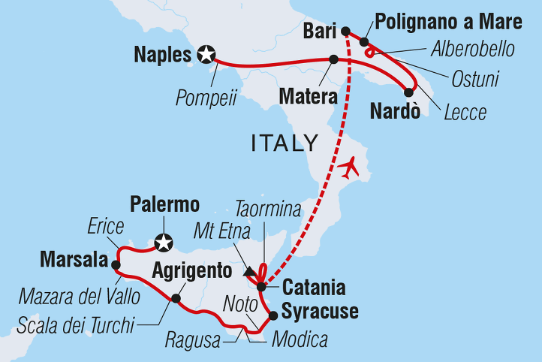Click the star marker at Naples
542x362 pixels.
[206, 54]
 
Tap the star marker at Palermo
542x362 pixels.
[163, 243]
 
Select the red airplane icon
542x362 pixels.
[349, 167]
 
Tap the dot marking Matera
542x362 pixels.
[333, 59]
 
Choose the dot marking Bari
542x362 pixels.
[345, 31]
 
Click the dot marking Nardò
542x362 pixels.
[408, 92]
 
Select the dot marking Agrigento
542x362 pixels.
[175, 297]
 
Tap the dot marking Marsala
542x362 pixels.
[115, 264]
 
